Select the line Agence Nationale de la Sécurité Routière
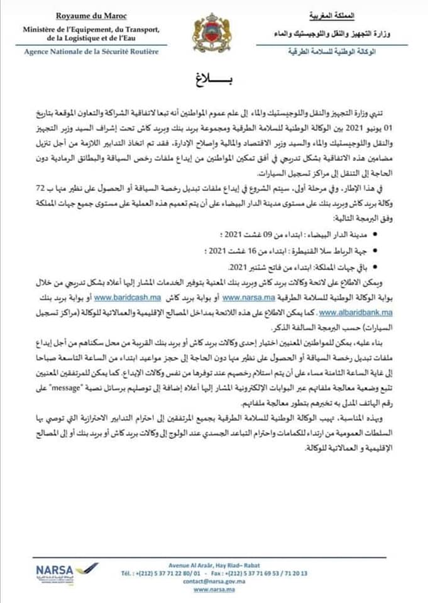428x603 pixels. (x=91, y=51)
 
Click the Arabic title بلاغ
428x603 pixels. (x=214, y=82)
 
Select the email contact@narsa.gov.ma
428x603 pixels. (x=214, y=581)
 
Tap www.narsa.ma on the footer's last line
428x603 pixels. (x=211, y=589)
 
